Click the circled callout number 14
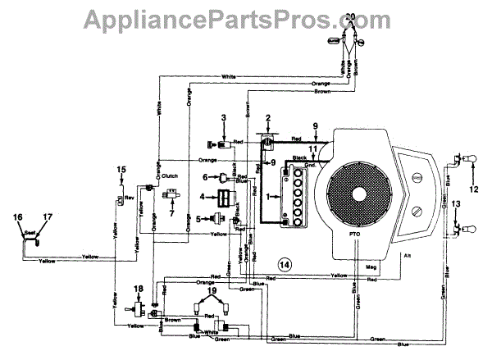click(x=284, y=264)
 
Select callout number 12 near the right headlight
click(x=476, y=191)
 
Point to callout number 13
click(x=457, y=201)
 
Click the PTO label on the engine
click(x=354, y=235)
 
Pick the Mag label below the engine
click(x=371, y=267)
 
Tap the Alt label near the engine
click(x=407, y=256)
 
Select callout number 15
click(x=121, y=170)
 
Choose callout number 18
click(x=138, y=289)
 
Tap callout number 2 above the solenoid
click(x=267, y=117)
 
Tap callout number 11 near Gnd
click(x=311, y=149)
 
